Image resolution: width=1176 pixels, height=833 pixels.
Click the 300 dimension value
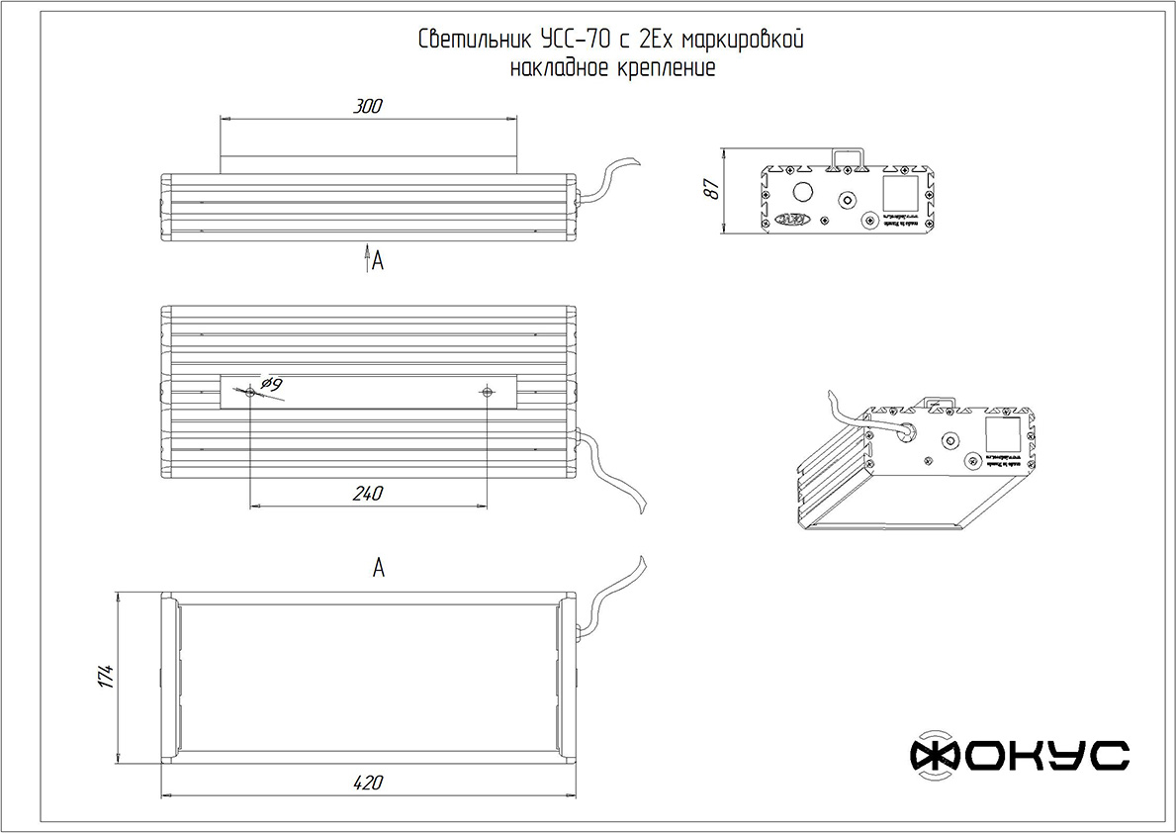[x=368, y=106]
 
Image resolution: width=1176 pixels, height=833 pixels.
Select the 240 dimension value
[x=368, y=493]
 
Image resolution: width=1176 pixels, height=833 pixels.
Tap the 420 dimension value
[x=368, y=783]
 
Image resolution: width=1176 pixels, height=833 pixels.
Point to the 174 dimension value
[x=109, y=677]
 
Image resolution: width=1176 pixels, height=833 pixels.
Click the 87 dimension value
[x=710, y=191]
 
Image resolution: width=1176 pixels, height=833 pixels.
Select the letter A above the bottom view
[x=378, y=568]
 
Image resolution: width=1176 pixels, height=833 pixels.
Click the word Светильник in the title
[x=476, y=41]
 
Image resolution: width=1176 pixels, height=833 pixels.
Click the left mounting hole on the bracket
[x=251, y=393]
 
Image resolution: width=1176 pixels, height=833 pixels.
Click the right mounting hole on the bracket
[x=488, y=393]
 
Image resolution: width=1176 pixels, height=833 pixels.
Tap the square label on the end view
[x=898, y=191]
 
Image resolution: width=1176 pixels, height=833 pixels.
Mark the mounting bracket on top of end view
[x=848, y=157]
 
